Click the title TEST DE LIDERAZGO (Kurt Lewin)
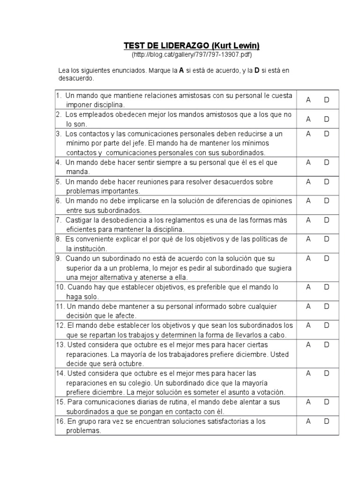pyautogui.click(x=191, y=45)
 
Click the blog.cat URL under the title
pyautogui.click(x=191, y=55)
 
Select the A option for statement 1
pyautogui.click(x=308, y=99)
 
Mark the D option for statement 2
pyautogui.click(x=327, y=119)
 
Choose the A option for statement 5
pyautogui.click(x=308, y=181)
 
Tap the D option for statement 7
pyautogui.click(x=327, y=220)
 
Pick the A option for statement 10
pyautogui.click(x=308, y=287)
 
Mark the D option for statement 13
pyautogui.click(x=327, y=345)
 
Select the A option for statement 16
pyautogui.click(x=308, y=421)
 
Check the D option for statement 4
pyautogui.click(x=327, y=162)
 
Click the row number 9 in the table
pyautogui.click(x=58, y=258)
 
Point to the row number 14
pyautogui.click(x=60, y=374)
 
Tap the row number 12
pyautogui.click(x=60, y=325)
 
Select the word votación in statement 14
pyautogui.click(x=269, y=392)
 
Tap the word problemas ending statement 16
pyautogui.click(x=83, y=431)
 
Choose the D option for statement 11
pyautogui.click(x=327, y=306)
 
